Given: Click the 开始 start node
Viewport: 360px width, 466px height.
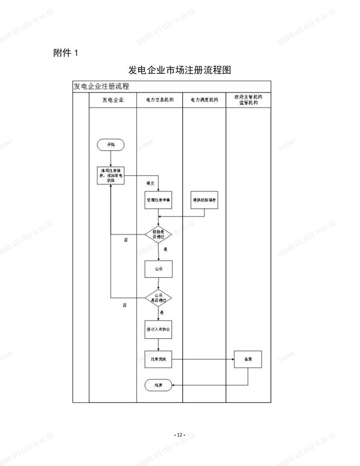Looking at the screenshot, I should tap(111, 145).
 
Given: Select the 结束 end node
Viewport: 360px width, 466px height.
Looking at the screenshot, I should tap(158, 385).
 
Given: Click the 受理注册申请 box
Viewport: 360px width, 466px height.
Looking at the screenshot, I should tap(158, 200).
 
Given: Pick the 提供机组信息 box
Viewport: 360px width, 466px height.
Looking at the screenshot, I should tap(204, 200).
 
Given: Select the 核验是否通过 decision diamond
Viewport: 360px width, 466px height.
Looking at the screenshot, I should tap(158, 234).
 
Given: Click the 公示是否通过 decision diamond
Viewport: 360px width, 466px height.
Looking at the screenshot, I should tap(158, 298).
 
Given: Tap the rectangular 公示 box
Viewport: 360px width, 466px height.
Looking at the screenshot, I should tap(158, 269).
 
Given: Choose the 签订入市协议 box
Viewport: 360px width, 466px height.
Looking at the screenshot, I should tap(158, 330).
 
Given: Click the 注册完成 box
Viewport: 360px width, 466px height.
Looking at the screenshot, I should tap(158, 359).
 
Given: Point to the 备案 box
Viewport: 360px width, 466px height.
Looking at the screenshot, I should tap(247, 359).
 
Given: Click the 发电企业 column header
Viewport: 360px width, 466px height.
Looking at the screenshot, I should tap(113, 100).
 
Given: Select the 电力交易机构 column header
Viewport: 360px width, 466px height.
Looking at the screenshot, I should tap(160, 100).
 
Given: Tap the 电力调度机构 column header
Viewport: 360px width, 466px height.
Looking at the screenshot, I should tap(204, 100).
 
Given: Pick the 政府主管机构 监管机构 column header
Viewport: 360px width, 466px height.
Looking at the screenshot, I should tap(248, 100).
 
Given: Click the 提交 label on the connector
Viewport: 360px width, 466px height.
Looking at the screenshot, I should tap(150, 183).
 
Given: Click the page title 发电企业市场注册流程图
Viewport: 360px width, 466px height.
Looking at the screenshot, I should tap(180, 70).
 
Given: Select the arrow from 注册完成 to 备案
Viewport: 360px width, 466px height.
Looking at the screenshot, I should tap(203, 359).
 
